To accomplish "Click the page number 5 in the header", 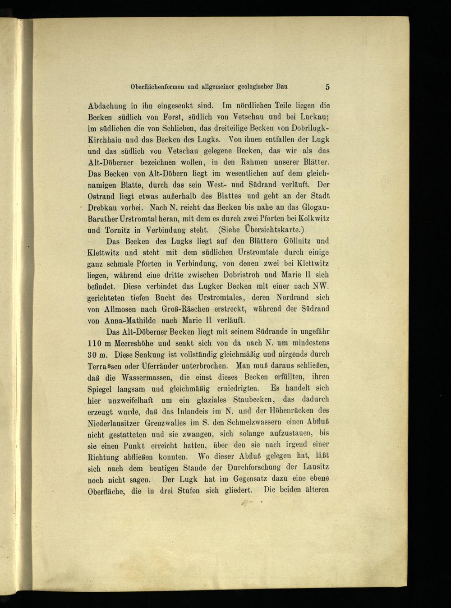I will click(x=327, y=87).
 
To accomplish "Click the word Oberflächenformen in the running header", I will click(x=157, y=87).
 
